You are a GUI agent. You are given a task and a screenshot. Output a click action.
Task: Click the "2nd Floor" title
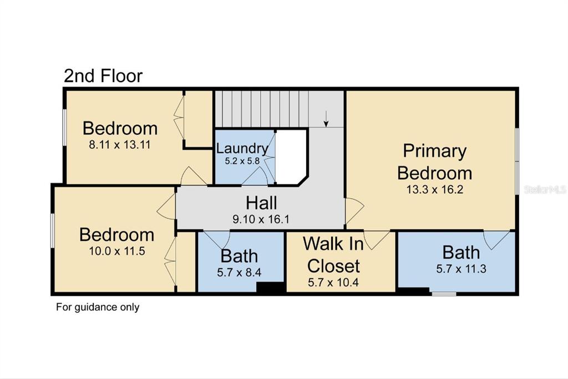coord(103,76)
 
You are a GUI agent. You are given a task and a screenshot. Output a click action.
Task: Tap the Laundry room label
coord(242,148)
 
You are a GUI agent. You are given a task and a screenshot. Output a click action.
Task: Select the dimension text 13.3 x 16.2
coord(435,189)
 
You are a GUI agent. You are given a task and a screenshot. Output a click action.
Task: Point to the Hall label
coord(261,203)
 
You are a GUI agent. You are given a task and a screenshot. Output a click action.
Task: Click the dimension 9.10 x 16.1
coord(261,219)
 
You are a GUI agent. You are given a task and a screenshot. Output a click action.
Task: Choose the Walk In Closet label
coord(333,255)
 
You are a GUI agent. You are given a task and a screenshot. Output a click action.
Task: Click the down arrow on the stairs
coord(326,119)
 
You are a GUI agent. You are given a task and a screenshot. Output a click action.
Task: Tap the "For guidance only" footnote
coord(98,307)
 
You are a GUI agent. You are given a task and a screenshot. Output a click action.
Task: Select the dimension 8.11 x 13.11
coord(120,145)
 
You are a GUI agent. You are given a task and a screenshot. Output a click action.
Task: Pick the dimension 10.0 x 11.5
coord(117,251)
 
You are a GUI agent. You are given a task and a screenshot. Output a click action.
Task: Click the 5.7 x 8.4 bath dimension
coord(239,272)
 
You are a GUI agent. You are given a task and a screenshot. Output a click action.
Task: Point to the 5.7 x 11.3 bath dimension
coord(461,269)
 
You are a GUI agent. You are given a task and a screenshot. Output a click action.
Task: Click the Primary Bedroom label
coord(435,162)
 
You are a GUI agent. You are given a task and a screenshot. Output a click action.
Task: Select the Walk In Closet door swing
coord(377,240)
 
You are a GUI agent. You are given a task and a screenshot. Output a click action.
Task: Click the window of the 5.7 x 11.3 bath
coord(444,293)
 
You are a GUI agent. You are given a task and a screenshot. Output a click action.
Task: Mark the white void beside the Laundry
coord(291,156)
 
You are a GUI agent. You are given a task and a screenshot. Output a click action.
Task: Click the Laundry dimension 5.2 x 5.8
coord(242,161)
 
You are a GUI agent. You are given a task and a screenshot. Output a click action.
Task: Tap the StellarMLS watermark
coord(545,189)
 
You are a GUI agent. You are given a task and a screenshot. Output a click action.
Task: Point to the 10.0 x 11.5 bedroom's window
coord(53,231)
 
